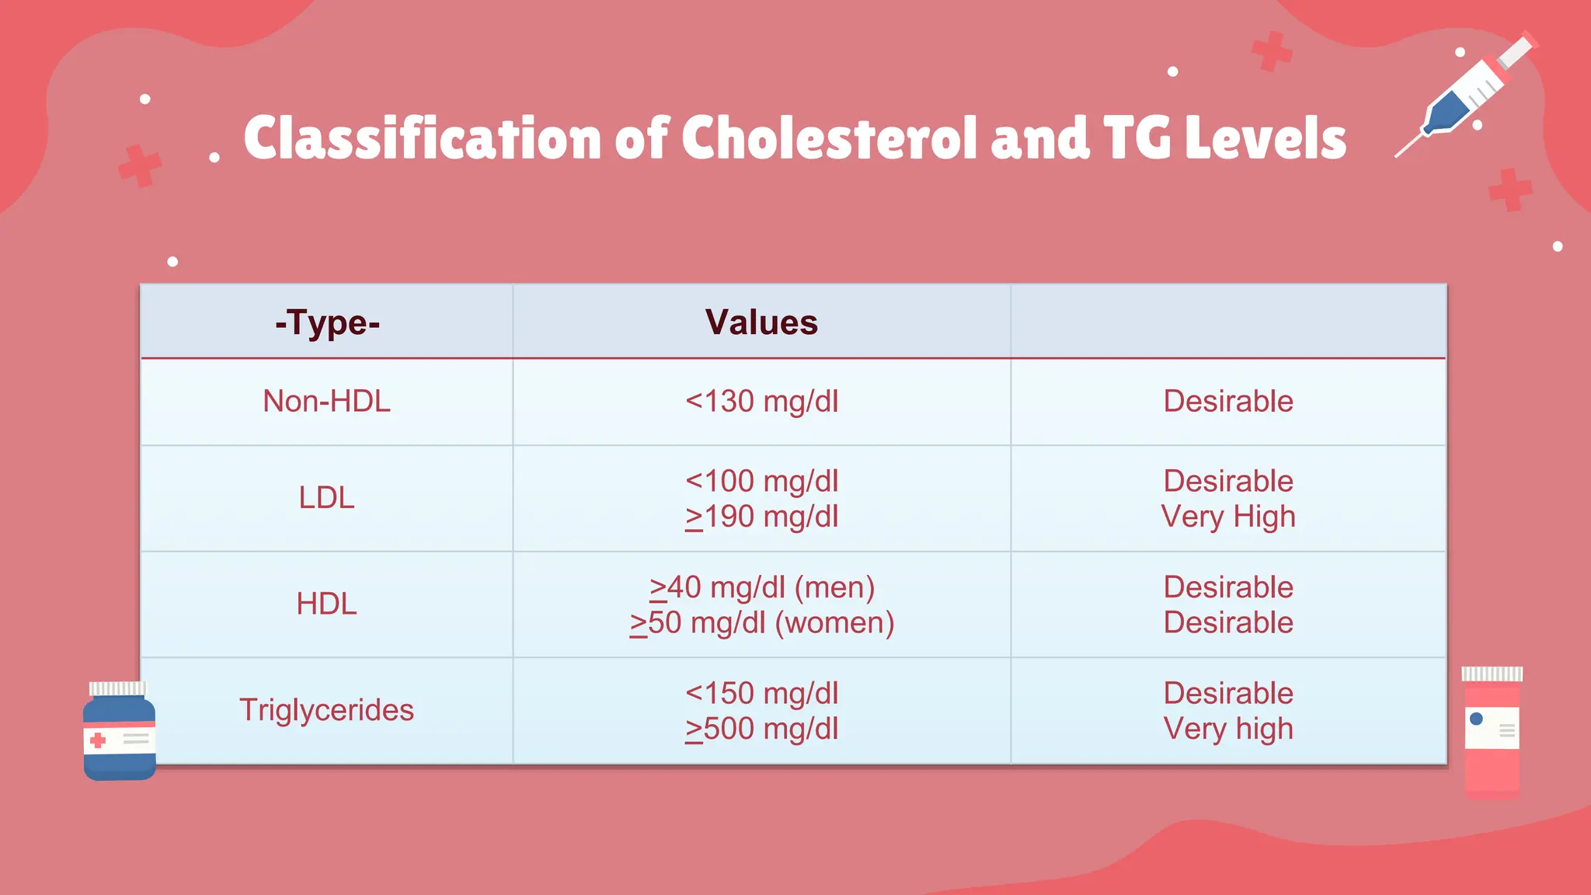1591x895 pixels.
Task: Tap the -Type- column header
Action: pos(327,322)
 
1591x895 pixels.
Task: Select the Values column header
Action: pos(761,322)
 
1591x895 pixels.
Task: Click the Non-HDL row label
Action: pos(327,402)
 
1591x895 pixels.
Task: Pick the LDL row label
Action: pos(327,498)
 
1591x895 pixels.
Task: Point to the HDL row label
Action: pos(327,604)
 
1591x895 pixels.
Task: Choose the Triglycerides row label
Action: pos(327,710)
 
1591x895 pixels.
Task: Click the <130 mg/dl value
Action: pos(761,402)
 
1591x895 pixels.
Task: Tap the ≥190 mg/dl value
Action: pos(761,517)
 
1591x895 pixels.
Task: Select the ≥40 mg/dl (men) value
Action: pos(761,587)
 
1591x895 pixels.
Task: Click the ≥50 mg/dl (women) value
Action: pos(761,623)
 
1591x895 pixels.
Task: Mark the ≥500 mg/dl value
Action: pos(761,729)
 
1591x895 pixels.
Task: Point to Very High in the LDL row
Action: pos(1228,517)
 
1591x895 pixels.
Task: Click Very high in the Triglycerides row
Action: pos(1228,729)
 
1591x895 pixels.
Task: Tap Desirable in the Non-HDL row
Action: pos(1228,402)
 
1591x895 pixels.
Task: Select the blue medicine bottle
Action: pos(119,732)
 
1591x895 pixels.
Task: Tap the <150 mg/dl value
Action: pos(761,693)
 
